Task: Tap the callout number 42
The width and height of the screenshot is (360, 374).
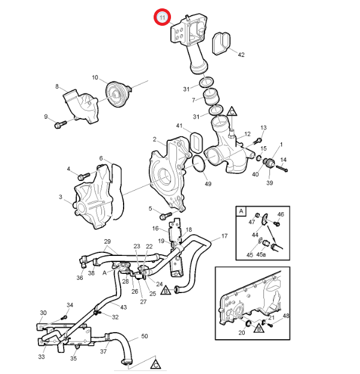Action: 241,55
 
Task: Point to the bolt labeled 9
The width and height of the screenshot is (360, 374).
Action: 59,125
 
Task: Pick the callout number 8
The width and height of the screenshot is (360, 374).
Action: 58,87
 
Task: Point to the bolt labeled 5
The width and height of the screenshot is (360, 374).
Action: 166,213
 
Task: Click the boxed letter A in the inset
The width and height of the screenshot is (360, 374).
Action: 241,212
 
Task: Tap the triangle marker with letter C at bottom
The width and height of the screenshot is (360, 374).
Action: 155,364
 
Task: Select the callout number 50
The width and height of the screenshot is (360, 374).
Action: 145,336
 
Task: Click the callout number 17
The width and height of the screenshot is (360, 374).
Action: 224,236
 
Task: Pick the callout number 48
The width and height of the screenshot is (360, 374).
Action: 286,315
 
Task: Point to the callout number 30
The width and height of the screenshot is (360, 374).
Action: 43,313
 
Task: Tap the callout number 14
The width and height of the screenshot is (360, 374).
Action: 284,159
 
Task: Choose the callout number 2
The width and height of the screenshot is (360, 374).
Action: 154,140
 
